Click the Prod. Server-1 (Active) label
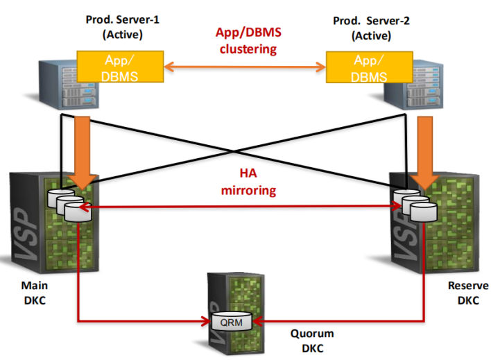coord(123,27)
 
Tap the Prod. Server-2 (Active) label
coord(371,28)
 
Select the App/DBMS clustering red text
coord(248,41)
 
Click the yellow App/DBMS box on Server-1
coord(120,67)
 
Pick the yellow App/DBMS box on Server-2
coord(369,67)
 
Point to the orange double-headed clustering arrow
coord(245,67)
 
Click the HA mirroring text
coord(249,182)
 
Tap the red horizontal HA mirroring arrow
coord(240,207)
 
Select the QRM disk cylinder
coord(232,321)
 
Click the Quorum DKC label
coord(312,341)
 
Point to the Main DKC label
coord(35,293)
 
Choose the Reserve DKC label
coord(468,293)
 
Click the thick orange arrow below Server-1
coord(83,153)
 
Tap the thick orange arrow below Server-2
coord(425,153)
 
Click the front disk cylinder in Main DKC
coord(78,212)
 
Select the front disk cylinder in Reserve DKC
coord(423,212)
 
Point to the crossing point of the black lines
coord(234,151)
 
